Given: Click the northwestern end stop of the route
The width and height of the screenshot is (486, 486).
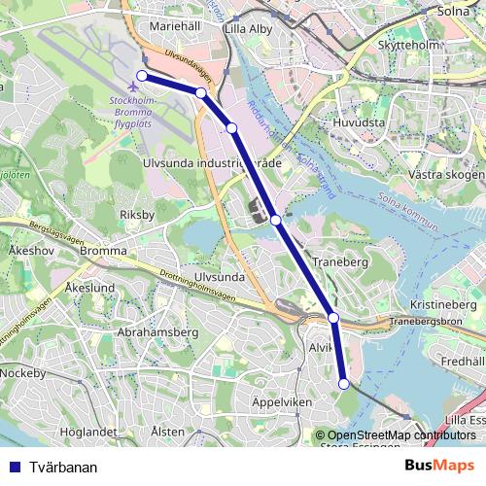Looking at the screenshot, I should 142,76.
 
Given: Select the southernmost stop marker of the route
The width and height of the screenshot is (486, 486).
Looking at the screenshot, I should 343,385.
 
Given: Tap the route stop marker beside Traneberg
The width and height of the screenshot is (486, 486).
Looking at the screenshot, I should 277,221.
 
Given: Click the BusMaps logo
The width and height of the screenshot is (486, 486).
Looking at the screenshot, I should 440,466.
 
